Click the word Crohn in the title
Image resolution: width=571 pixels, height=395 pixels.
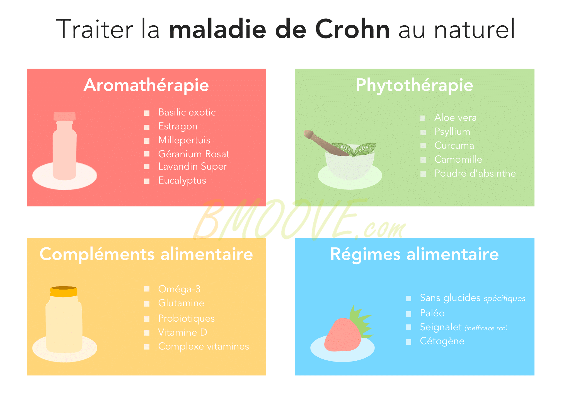[352, 29]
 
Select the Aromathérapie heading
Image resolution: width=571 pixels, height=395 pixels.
[146, 85]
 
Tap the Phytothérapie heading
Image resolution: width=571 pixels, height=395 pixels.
[414, 85]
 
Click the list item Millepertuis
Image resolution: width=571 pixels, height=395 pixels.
[184, 140]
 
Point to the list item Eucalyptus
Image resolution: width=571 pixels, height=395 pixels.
[182, 180]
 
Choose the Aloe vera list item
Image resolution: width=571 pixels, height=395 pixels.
[455, 117]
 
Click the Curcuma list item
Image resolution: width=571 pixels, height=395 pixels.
[454, 145]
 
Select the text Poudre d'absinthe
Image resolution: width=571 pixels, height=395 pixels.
[475, 173]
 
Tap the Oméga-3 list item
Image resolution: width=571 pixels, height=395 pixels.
[179, 289]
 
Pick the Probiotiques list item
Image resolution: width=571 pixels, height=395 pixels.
[186, 319]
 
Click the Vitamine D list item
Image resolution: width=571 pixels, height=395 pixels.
[183, 332]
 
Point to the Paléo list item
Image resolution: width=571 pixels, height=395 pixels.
[432, 313]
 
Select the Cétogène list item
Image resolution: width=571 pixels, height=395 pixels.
[442, 341]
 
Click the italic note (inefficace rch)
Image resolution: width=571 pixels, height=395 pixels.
[486, 328]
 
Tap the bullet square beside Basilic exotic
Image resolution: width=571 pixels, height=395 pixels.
[147, 113]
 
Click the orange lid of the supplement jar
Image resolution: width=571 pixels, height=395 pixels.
[64, 292]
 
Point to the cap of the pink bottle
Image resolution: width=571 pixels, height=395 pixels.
[64, 116]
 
